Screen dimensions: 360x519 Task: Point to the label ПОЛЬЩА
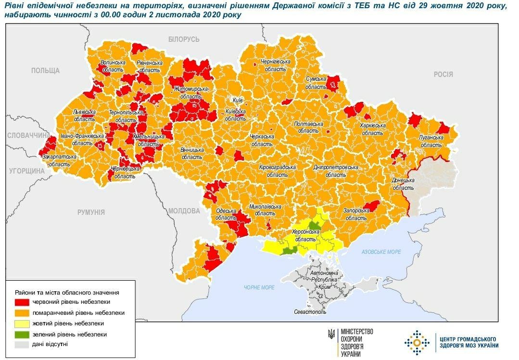pos(45,71)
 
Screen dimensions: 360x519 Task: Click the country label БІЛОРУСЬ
pos(184,39)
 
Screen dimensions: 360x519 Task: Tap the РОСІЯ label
pos(443,74)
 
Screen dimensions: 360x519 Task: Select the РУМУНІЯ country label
pos(91,212)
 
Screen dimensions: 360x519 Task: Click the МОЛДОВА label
pos(184,211)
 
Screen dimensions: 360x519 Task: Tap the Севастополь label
pos(310,312)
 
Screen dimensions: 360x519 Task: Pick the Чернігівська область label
pos(276,65)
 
